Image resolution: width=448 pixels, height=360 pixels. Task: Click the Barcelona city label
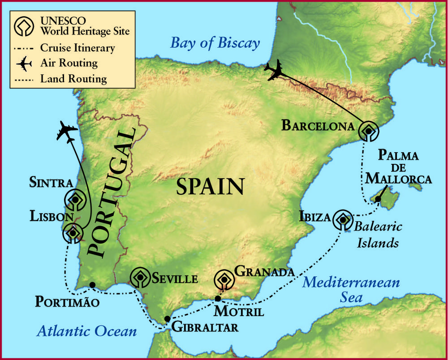pos(318,125)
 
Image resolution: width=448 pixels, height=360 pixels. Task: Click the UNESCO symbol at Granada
pos(224,280)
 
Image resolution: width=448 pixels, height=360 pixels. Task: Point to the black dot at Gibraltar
pos(167,319)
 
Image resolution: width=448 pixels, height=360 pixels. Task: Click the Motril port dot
pos(218,299)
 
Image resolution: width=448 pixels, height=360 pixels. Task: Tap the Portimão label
pos(67,301)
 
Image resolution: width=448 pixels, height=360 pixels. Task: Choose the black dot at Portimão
pos(92,285)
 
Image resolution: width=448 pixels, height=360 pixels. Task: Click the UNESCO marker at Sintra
pos(75,200)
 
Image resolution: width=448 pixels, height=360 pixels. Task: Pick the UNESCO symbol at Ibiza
pos(343,219)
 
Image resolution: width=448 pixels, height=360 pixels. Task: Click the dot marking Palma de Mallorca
pos(378,199)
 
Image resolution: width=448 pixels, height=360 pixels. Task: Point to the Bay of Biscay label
pos(215,43)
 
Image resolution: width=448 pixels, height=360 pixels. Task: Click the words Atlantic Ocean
pos(86,331)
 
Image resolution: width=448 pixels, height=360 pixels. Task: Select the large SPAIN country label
pos(210,186)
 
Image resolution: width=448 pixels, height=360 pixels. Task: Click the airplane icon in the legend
pos(24,64)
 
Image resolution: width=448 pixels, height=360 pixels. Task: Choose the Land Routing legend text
pos(73,79)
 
